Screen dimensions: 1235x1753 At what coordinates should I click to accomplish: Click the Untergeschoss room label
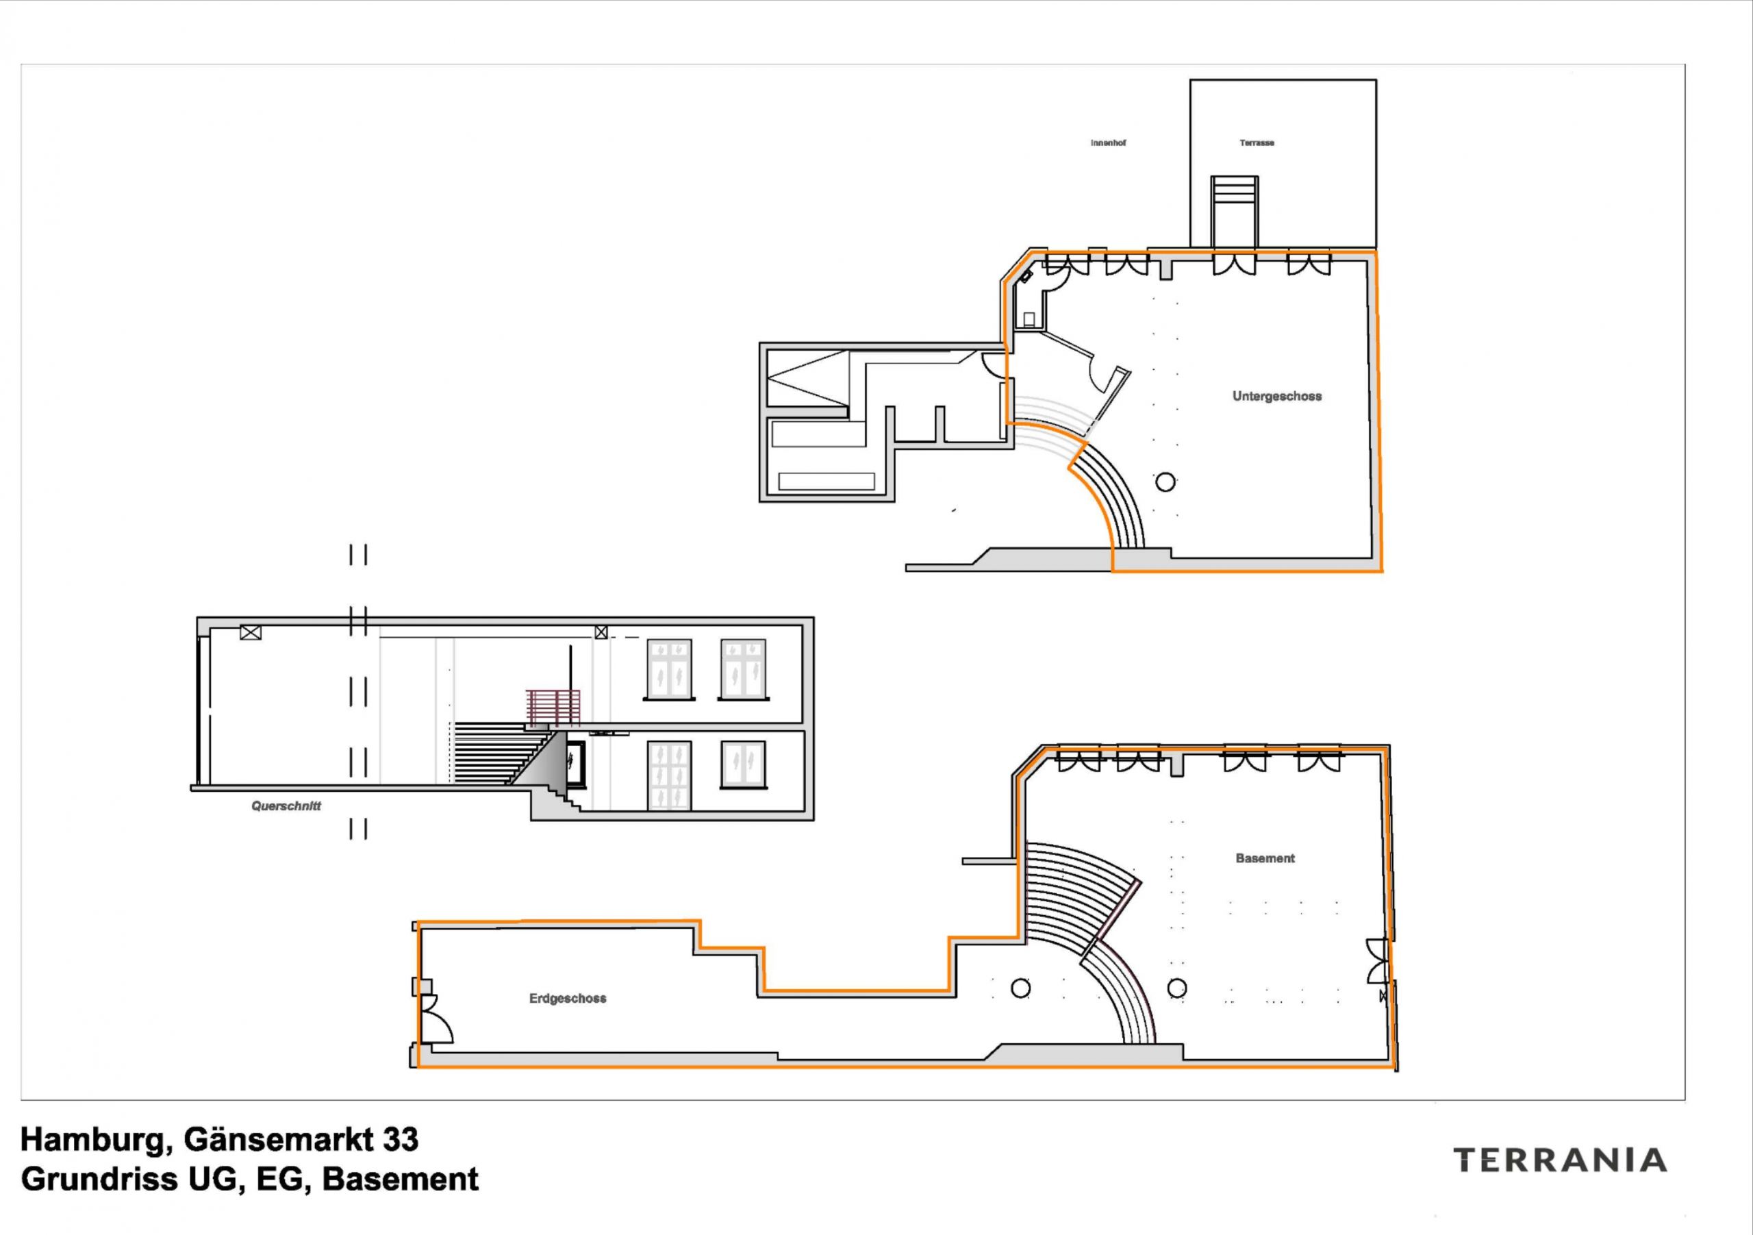[1276, 397]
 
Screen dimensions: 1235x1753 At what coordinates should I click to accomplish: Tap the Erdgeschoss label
[567, 998]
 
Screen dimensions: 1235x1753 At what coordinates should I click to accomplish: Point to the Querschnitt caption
[286, 806]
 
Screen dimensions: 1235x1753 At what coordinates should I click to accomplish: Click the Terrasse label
[1257, 143]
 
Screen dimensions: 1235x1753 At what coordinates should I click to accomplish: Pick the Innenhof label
[1108, 143]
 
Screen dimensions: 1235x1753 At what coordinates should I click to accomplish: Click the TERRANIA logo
[1559, 1160]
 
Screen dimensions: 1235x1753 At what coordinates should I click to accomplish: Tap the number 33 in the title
[400, 1140]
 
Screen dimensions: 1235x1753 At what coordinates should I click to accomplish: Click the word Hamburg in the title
[91, 1140]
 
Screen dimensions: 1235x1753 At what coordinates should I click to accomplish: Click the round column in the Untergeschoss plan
[1165, 482]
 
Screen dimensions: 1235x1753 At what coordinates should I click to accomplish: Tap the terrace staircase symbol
[1235, 212]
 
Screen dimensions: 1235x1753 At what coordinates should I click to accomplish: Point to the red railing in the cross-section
[553, 706]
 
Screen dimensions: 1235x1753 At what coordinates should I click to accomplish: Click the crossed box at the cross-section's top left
[251, 632]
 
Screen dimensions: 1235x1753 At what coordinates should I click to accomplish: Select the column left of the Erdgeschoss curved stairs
[1020, 988]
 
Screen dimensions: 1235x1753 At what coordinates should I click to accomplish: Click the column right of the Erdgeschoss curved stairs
[1177, 988]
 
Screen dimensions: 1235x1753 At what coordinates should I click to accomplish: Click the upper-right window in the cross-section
[743, 670]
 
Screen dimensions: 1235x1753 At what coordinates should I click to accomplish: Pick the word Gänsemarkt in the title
[278, 1140]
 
